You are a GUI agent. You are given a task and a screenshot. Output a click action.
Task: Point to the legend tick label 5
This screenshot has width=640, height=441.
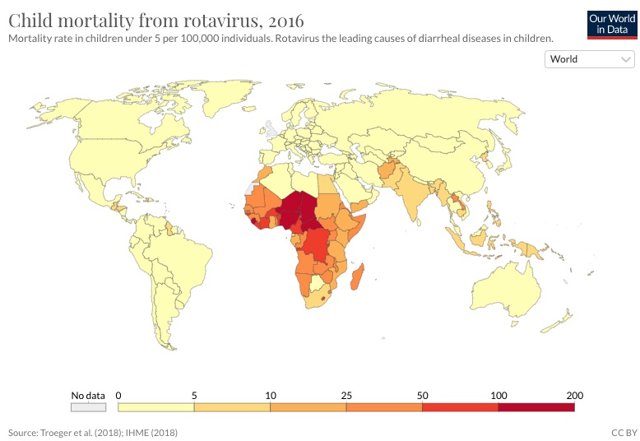click(194, 393)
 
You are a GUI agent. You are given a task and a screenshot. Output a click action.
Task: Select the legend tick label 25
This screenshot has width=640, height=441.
click(346, 393)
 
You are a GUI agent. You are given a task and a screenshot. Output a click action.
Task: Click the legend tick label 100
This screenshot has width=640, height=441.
click(497, 393)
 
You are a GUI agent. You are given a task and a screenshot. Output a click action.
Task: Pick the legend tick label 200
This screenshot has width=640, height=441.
click(573, 393)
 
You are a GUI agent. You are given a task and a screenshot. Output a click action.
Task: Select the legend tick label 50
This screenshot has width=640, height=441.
click(422, 393)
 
